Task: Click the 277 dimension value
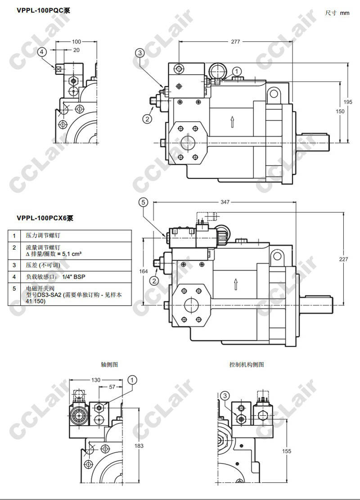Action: [235, 42]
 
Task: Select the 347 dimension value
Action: [225, 203]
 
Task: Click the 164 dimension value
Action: [144, 271]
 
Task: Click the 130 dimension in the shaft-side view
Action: [96, 380]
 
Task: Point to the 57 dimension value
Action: [112, 387]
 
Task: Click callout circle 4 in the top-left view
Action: [42, 52]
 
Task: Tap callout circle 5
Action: [143, 203]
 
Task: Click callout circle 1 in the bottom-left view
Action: [133, 381]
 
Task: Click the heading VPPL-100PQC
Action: [43, 10]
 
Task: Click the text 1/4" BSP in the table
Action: [73, 277]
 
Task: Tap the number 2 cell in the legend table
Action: [14, 248]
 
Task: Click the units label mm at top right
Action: [345, 13]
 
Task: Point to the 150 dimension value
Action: [340, 112]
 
